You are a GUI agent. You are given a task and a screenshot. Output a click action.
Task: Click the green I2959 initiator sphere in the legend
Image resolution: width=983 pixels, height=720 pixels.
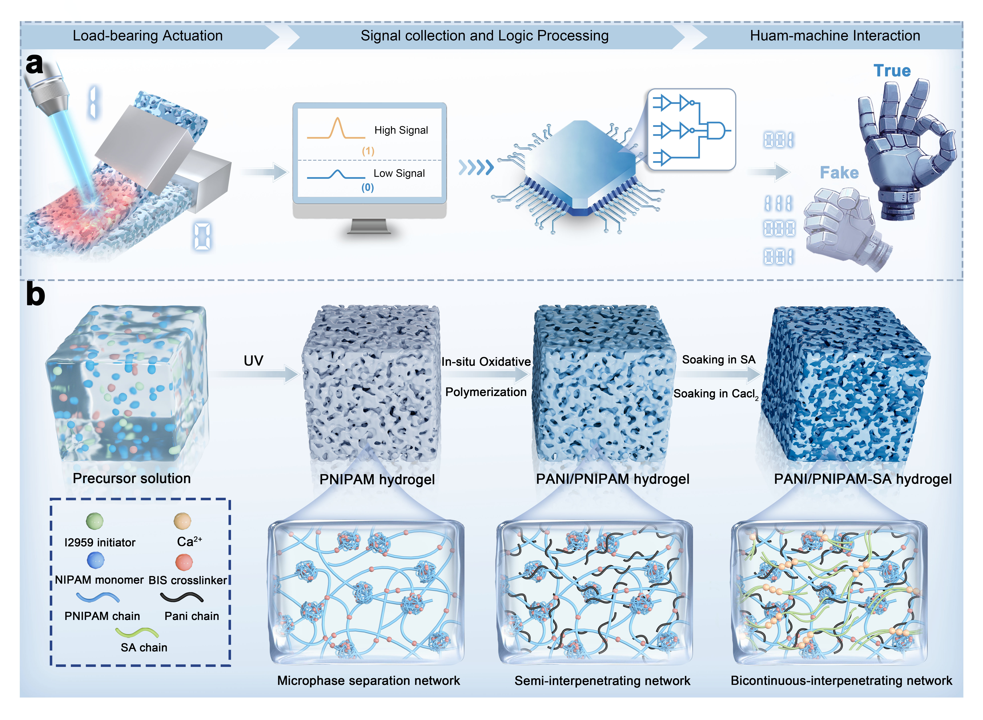[x=95, y=520]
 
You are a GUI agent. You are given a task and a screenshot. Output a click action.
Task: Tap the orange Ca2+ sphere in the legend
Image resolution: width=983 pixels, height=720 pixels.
[x=182, y=520]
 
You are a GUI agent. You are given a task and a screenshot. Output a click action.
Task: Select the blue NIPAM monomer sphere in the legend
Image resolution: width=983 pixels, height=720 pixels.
[x=95, y=560]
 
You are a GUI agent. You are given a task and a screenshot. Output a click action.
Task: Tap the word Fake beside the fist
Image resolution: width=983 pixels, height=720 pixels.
[x=839, y=173]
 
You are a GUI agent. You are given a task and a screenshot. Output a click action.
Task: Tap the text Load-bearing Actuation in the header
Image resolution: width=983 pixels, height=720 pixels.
[x=148, y=36]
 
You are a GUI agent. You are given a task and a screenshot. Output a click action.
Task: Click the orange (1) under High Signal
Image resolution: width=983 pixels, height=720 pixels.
[x=368, y=151]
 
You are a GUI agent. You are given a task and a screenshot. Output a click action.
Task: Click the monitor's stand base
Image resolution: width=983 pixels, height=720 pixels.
[x=369, y=230]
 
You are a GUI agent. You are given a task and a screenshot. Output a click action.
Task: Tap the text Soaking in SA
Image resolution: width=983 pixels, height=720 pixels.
[x=719, y=360]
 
